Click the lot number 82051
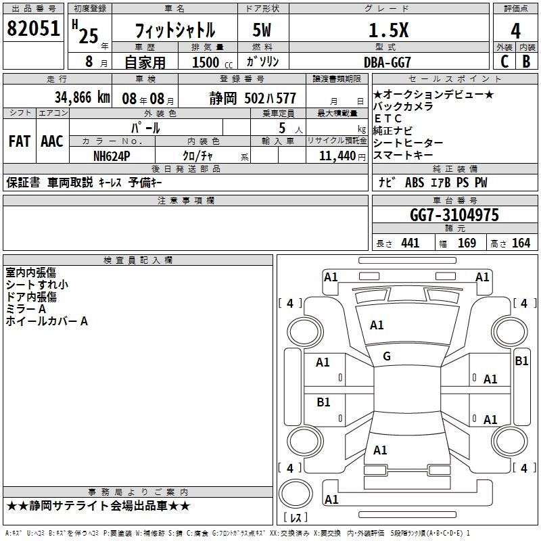33,28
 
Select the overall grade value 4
515,30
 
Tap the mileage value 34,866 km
82,97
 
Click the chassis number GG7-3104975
454,215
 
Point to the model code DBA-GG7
387,62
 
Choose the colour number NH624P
112,156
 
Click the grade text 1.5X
388,30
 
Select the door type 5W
262,30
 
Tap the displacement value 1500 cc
212,62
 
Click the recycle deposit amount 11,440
337,156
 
